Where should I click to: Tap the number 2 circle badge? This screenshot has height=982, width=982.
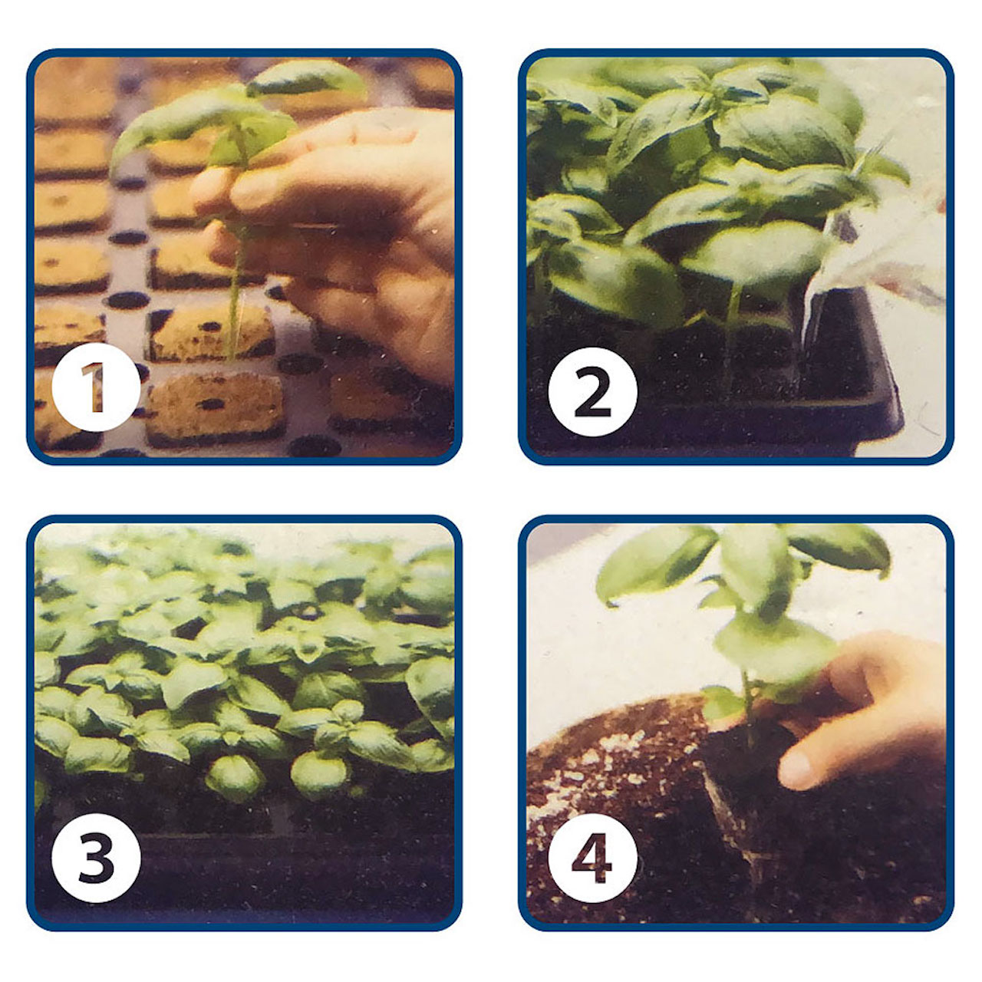pos(593,392)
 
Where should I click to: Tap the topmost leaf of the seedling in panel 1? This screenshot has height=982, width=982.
pos(306,79)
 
